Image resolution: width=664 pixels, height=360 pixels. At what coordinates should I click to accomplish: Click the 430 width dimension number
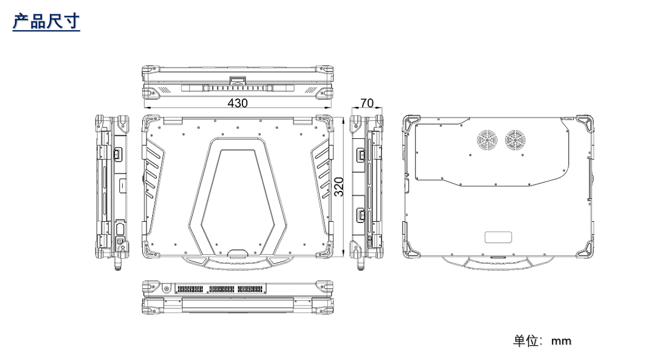pyautogui.click(x=238, y=103)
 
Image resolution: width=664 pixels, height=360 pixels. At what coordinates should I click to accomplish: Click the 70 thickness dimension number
pyautogui.click(x=367, y=103)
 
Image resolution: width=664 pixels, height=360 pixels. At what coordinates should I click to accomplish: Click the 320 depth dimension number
pyautogui.click(x=339, y=187)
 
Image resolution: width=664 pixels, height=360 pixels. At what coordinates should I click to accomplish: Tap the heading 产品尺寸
pyautogui.click(x=46, y=21)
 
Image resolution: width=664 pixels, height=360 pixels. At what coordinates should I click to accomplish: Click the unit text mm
pyautogui.click(x=561, y=341)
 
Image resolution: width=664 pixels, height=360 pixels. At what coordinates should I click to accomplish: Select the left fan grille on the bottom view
pyautogui.click(x=487, y=140)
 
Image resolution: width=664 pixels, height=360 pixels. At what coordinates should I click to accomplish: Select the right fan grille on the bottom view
pyautogui.click(x=515, y=140)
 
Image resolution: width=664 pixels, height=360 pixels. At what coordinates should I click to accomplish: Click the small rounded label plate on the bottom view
pyautogui.click(x=498, y=237)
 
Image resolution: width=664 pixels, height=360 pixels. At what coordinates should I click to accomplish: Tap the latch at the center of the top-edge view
pyautogui.click(x=238, y=80)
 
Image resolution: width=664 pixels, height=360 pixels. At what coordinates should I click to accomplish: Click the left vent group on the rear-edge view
pyautogui.click(x=190, y=289)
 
